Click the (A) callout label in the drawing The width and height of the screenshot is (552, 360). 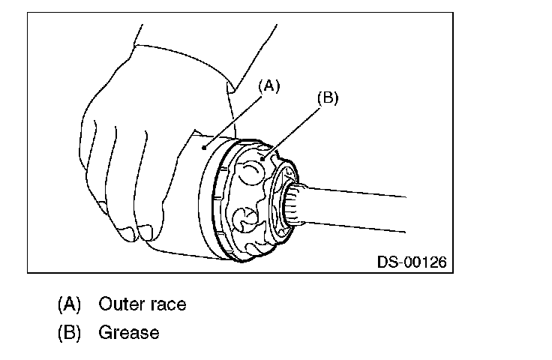point(269,86)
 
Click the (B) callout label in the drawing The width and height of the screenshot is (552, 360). point(328,97)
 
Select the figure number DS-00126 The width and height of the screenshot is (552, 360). point(412,262)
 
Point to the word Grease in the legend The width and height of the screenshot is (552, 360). point(129,332)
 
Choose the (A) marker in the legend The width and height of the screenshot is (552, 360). point(69,304)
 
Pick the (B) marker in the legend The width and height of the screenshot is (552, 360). point(69,332)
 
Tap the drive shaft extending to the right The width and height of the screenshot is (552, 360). point(360,206)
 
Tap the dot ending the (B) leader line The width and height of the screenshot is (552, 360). point(269,155)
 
